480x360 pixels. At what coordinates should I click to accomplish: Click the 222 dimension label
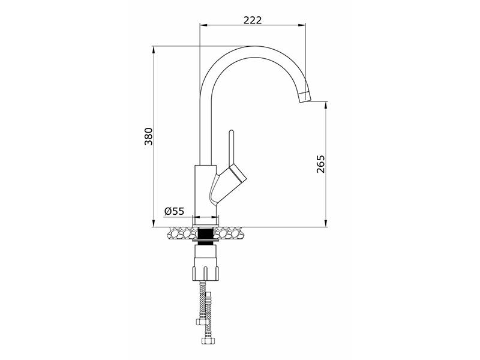pos(253,20)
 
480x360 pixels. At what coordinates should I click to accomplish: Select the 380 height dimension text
pos(149,136)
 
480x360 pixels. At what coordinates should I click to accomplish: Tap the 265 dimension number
pos(320,164)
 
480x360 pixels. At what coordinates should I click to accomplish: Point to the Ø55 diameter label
pos(174,211)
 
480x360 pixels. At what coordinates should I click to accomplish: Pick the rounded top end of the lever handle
pos(232,132)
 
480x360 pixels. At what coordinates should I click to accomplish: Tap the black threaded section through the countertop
pos(205,234)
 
